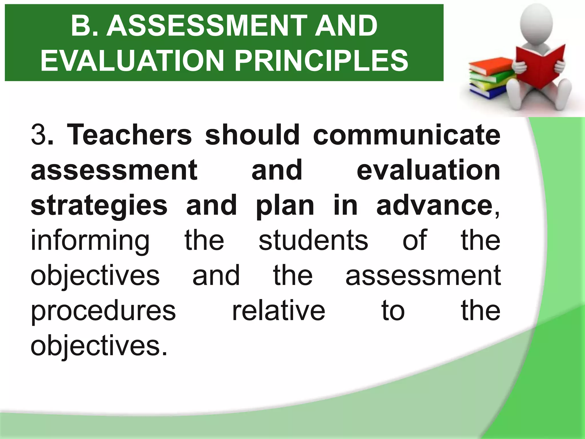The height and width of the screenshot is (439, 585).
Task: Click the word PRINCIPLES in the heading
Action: tap(321, 61)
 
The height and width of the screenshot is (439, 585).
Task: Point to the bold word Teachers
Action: tap(129, 134)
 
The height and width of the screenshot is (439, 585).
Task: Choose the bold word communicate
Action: tap(406, 134)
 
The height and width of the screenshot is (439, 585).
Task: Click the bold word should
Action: tap(252, 134)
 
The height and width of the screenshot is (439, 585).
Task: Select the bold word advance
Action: tap(434, 205)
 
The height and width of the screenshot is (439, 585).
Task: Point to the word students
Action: tap(313, 241)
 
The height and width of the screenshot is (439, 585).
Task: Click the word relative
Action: tap(279, 311)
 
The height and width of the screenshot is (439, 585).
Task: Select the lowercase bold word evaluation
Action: tap(428, 170)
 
